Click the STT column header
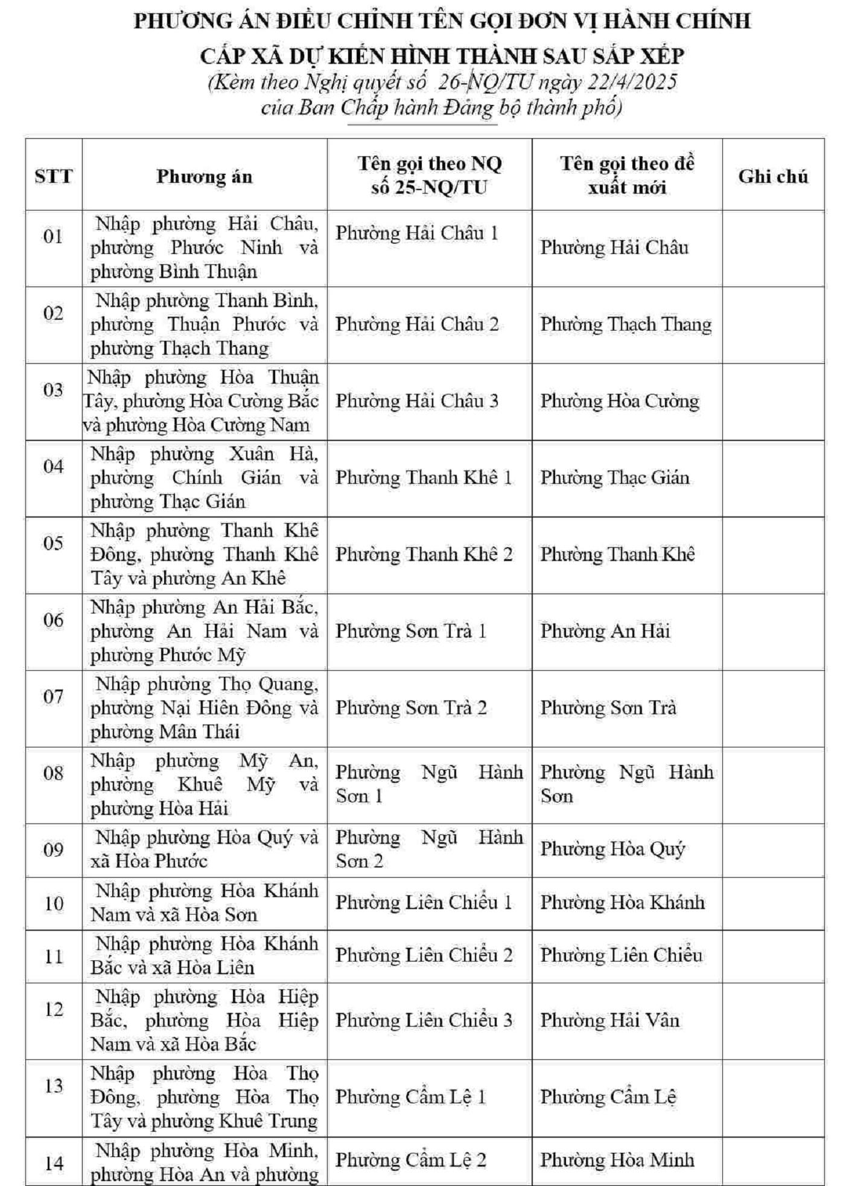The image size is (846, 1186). (53, 176)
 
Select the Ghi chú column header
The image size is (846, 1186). (772, 176)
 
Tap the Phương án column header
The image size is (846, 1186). (204, 176)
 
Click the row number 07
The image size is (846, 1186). (53, 697)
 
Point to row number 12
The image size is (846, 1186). (53, 1009)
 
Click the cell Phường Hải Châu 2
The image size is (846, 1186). (417, 325)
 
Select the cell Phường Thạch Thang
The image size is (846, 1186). (626, 325)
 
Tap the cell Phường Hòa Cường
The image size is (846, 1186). (619, 401)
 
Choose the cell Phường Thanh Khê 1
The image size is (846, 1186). (423, 478)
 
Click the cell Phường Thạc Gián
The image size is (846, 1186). (614, 478)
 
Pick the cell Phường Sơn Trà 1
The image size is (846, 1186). (410, 632)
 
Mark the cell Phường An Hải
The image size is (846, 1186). (605, 632)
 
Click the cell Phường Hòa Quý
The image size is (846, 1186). (612, 849)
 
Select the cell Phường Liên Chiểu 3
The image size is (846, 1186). (424, 1021)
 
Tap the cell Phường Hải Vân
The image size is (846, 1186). (609, 1021)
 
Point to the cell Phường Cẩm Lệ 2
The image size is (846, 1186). (410, 1160)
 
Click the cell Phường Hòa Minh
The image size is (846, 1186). (617, 1160)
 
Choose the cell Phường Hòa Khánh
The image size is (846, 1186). (622, 902)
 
